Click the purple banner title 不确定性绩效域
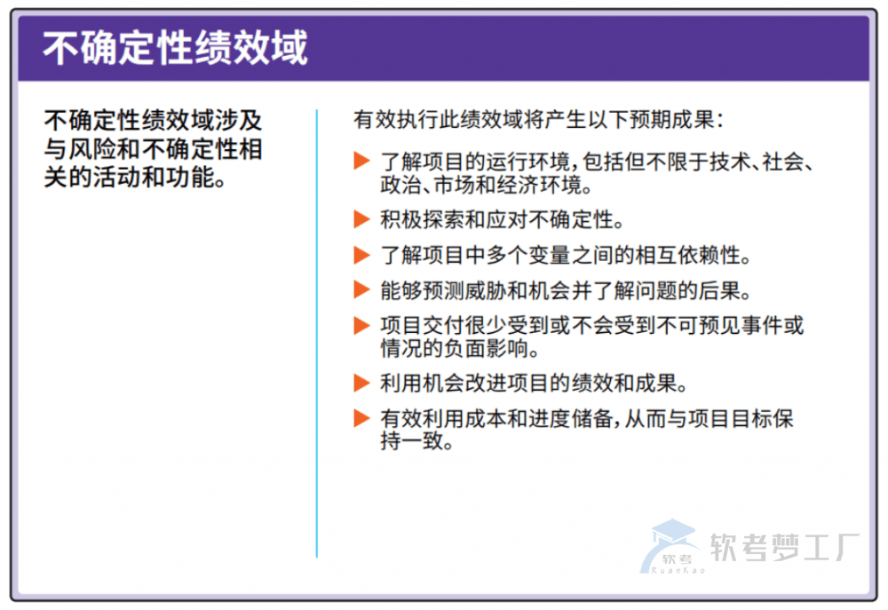[175, 47]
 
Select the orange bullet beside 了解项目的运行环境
[361, 161]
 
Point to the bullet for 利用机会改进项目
[361, 384]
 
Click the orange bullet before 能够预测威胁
[361, 289]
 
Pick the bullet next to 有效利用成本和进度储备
[361, 418]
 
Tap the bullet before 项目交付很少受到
[361, 324]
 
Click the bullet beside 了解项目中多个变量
[361, 255]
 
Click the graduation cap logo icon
[672, 543]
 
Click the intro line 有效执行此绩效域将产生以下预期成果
[538, 120]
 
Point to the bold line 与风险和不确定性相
[153, 147]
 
